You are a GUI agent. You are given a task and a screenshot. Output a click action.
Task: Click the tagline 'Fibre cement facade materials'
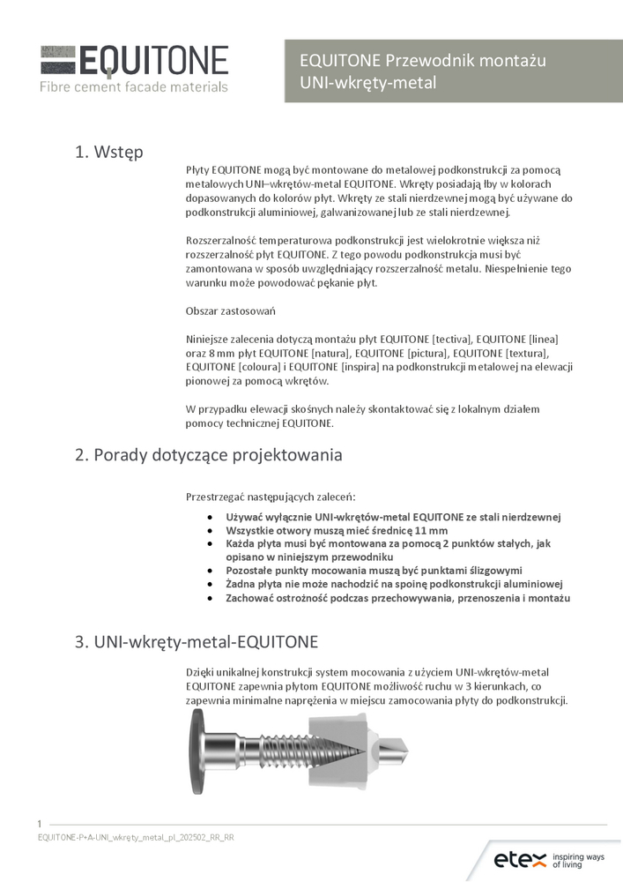(133, 86)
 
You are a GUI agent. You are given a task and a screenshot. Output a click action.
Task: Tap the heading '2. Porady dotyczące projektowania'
(208, 455)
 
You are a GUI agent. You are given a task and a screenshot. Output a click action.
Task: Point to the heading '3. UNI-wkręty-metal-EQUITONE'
(197, 641)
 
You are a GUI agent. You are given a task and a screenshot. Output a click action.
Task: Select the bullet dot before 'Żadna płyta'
(208, 584)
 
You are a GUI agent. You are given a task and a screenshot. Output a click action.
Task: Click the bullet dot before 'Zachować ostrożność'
(208, 598)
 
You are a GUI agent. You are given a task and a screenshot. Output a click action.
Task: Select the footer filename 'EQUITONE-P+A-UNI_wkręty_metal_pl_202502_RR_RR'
(136, 837)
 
